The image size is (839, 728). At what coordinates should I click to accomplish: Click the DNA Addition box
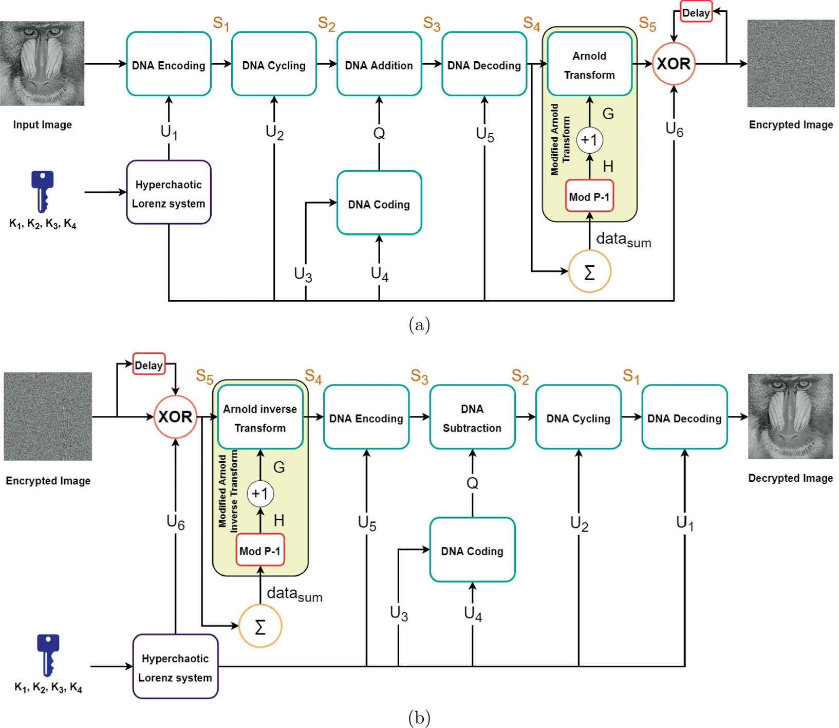(x=379, y=64)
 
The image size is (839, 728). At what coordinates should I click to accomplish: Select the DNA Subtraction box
(x=472, y=417)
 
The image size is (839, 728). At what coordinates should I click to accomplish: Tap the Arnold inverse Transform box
(x=260, y=417)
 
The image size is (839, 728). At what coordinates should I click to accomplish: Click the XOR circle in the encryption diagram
(x=673, y=64)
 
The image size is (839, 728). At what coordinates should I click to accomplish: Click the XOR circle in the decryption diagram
(x=175, y=416)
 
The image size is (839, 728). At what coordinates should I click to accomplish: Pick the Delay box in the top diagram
(x=696, y=13)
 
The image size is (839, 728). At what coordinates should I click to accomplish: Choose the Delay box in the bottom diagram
(x=148, y=365)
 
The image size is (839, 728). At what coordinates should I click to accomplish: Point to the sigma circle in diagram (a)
(x=589, y=271)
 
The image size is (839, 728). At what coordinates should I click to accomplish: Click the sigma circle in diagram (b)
(x=260, y=626)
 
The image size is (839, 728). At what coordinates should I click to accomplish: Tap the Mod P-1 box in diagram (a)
(x=589, y=196)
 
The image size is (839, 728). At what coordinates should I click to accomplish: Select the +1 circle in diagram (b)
(x=260, y=494)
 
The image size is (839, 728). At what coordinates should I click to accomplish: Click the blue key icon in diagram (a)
(x=42, y=191)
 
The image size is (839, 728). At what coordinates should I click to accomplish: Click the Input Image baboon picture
(x=42, y=63)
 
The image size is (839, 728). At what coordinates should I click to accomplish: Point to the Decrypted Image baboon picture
(x=790, y=416)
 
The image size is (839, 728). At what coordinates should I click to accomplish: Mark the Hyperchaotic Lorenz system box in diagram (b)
(x=175, y=667)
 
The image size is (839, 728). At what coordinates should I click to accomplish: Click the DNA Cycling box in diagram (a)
(x=273, y=64)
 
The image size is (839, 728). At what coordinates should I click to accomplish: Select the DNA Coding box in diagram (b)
(x=472, y=550)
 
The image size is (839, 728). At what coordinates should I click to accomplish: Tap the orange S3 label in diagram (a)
(x=432, y=24)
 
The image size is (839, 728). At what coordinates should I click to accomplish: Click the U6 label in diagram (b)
(x=175, y=522)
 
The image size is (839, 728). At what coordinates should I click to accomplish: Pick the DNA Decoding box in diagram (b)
(x=684, y=417)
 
